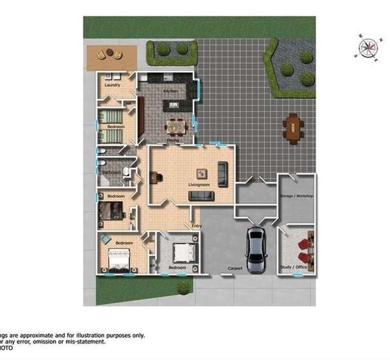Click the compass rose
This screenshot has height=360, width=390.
368,48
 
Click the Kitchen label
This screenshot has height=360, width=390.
170,91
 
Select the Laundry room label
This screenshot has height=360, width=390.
112,85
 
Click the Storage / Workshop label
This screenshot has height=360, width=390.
296,196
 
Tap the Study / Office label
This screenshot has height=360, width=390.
292,267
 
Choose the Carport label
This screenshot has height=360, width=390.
235,268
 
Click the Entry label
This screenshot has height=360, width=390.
197,226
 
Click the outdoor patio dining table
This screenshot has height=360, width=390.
293,129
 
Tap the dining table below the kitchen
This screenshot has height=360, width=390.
175,127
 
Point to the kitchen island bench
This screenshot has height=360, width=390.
173,105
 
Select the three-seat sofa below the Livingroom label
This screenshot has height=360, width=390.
202,196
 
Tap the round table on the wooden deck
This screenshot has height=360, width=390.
110,54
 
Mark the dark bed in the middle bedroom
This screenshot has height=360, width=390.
111,211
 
